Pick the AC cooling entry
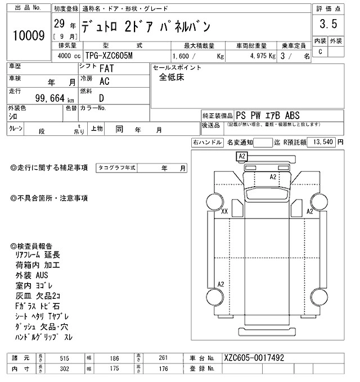[104, 82]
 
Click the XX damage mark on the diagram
[224, 212]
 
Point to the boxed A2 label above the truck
[242, 156]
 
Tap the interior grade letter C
[320, 52]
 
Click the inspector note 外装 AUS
[33, 275]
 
